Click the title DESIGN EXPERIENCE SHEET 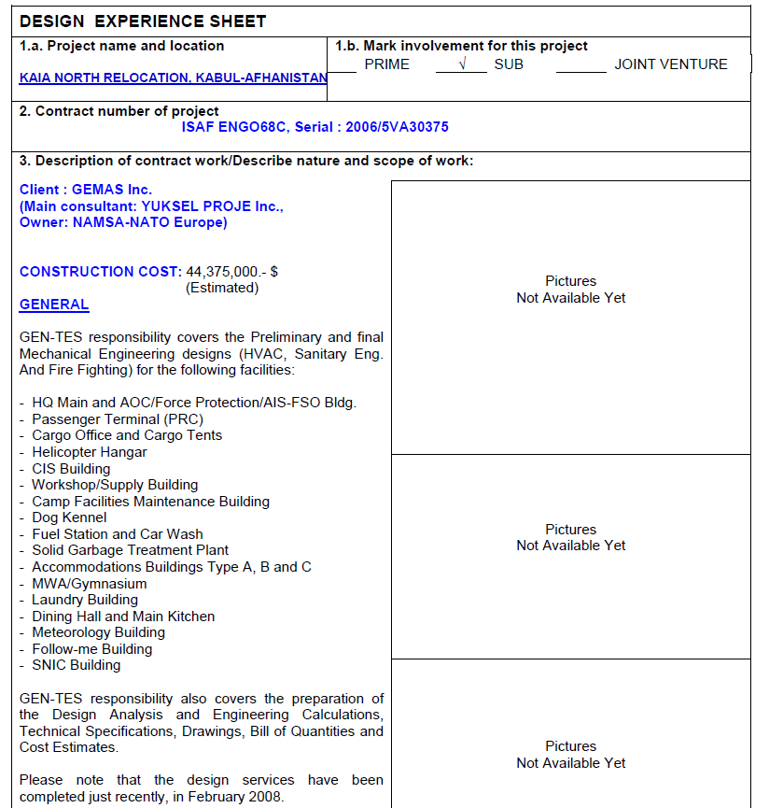click(x=143, y=21)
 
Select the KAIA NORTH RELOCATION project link click(x=173, y=78)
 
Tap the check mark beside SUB click(x=460, y=64)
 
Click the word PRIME click(x=386, y=64)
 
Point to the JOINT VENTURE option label click(x=670, y=64)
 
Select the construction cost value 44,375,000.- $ click(x=232, y=272)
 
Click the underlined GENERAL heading click(x=54, y=305)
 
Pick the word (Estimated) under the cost click(x=222, y=288)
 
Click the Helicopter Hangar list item click(x=89, y=452)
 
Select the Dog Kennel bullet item click(x=69, y=517)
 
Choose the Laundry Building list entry click(x=85, y=600)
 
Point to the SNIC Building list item click(x=76, y=665)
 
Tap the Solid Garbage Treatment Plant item click(x=130, y=550)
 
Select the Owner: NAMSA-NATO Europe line click(x=123, y=222)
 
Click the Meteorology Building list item click(x=98, y=632)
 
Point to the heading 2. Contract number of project click(x=119, y=111)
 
